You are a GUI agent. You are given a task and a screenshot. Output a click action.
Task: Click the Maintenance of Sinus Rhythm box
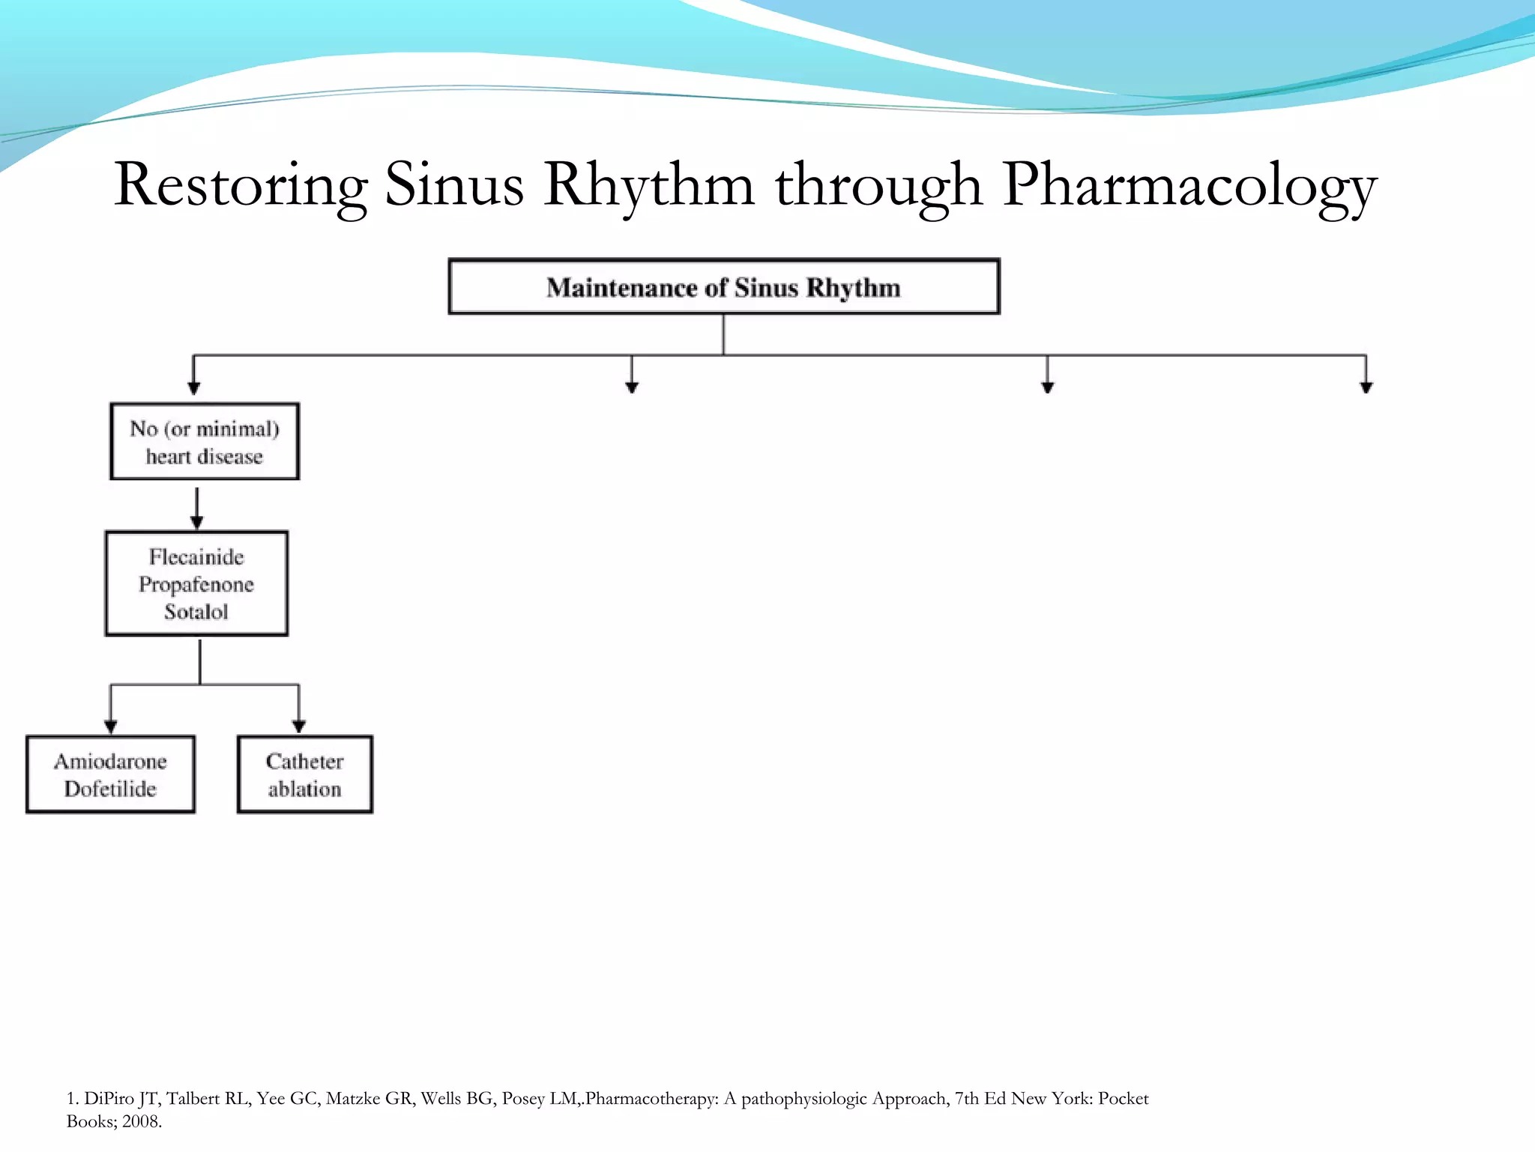click(723, 287)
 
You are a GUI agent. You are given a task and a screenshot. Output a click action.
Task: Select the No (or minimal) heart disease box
click(204, 442)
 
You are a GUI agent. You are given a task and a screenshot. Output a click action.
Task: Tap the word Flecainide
click(196, 557)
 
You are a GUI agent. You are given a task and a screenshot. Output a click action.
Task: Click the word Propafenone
click(196, 584)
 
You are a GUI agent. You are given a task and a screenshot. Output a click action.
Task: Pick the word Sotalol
click(196, 612)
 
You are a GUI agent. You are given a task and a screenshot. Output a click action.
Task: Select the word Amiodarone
click(110, 761)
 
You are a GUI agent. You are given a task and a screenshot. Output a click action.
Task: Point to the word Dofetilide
click(110, 789)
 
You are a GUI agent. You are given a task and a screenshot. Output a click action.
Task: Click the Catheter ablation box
click(304, 775)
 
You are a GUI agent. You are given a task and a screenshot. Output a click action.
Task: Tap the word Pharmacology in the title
click(1189, 185)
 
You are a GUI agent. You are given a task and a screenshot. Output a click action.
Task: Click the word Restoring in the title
click(240, 185)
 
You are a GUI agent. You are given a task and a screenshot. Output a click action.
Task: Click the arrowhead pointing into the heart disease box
click(194, 388)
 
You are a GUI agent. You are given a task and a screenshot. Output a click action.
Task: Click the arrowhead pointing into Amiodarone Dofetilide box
click(111, 726)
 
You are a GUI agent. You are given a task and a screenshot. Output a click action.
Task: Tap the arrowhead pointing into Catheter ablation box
click(299, 726)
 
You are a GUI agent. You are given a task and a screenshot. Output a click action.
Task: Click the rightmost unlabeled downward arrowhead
click(1366, 386)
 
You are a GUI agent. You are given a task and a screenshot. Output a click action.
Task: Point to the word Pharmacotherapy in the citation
click(651, 1099)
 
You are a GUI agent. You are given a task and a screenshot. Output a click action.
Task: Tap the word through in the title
click(878, 185)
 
